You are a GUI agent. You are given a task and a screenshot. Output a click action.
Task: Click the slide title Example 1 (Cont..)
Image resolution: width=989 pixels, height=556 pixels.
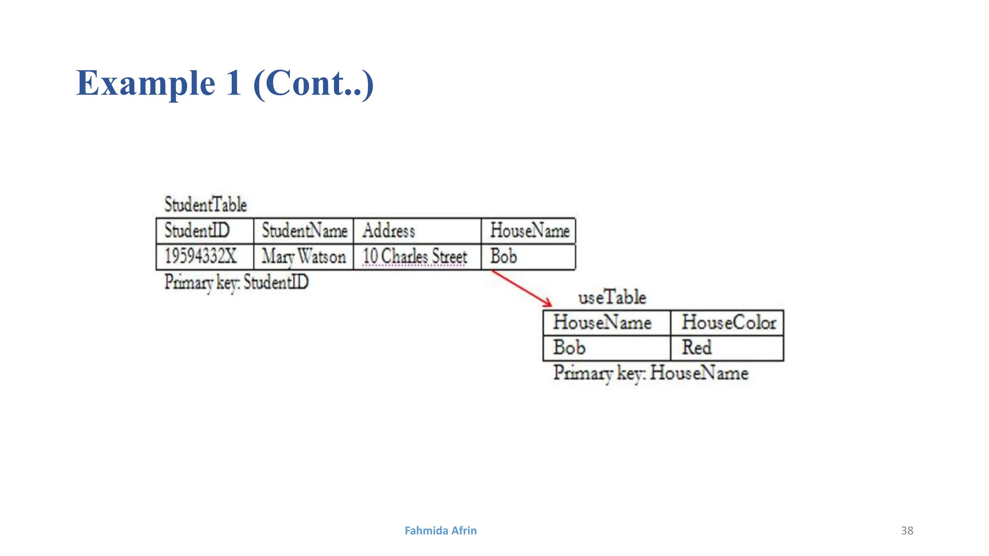click(x=225, y=83)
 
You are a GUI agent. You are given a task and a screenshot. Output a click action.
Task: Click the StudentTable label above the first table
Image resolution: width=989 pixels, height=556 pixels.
click(x=206, y=205)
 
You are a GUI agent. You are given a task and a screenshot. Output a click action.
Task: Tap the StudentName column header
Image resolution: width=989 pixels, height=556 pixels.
click(x=304, y=231)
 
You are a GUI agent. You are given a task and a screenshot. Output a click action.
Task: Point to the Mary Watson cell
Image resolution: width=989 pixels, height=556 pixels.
click(x=304, y=257)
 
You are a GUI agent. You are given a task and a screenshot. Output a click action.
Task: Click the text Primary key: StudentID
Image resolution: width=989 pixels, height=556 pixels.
click(x=236, y=282)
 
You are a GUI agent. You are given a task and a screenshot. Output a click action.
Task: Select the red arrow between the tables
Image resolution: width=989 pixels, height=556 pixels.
click(x=522, y=288)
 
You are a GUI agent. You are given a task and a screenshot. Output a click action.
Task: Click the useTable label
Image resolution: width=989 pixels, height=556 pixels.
click(x=612, y=297)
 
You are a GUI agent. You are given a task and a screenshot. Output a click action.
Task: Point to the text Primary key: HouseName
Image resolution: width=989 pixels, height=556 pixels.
click(x=650, y=373)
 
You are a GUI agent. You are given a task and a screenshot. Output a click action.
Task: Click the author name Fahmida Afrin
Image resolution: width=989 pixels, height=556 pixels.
click(x=440, y=530)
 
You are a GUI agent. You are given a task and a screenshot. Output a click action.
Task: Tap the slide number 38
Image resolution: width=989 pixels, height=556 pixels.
click(x=907, y=530)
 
